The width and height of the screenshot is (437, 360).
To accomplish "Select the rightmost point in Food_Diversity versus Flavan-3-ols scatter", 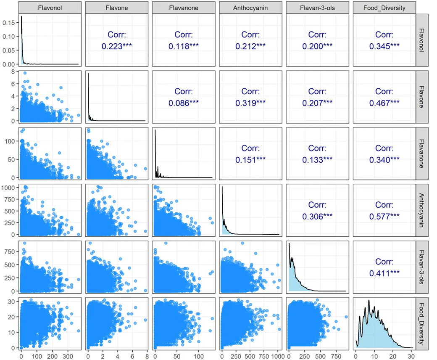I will click(x=346, y=317).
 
